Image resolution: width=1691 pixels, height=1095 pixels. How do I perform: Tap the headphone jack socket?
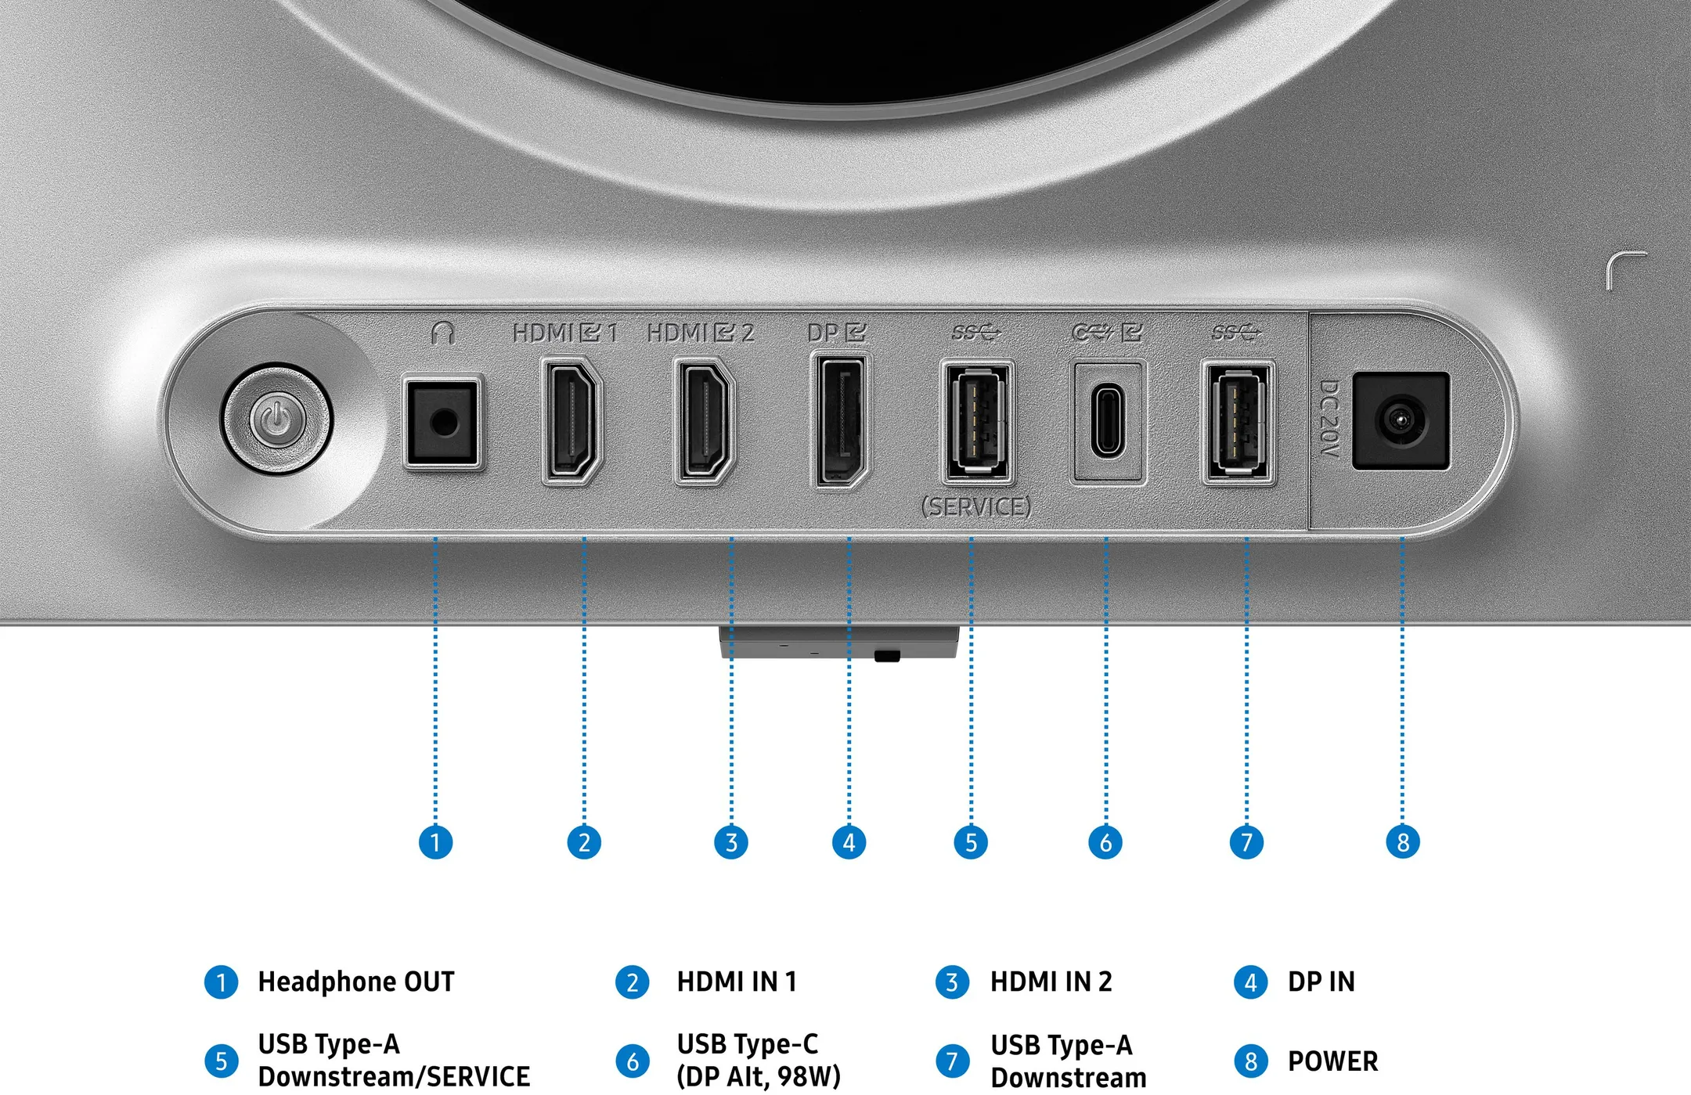[x=442, y=422]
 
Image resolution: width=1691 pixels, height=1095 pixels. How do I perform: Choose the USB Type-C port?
[x=1107, y=421]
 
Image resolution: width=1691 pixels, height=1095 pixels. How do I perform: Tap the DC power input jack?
[x=1401, y=421]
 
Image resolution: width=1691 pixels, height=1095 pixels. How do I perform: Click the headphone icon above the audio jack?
[x=443, y=333]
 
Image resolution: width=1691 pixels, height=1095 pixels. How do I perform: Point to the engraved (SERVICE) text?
[x=976, y=507]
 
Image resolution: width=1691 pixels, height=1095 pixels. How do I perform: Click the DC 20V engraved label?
[x=1329, y=419]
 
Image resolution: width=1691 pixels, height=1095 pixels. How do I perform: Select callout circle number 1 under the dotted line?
[x=435, y=842]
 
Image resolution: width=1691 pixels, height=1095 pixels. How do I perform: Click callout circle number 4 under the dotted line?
[x=849, y=842]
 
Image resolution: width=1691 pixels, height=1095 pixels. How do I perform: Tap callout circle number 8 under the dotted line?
[x=1402, y=842]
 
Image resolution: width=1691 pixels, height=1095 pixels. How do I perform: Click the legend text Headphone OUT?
[x=356, y=982]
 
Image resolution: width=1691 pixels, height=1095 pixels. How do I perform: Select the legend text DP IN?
[x=1321, y=982]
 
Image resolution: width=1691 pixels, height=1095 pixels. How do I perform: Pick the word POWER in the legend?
[x=1332, y=1061]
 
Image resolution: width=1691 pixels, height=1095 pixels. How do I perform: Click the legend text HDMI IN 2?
[x=1051, y=982]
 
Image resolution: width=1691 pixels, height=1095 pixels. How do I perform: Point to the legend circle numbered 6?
[x=633, y=1061]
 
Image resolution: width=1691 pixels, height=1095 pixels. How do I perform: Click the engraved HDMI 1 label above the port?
[x=565, y=333]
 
